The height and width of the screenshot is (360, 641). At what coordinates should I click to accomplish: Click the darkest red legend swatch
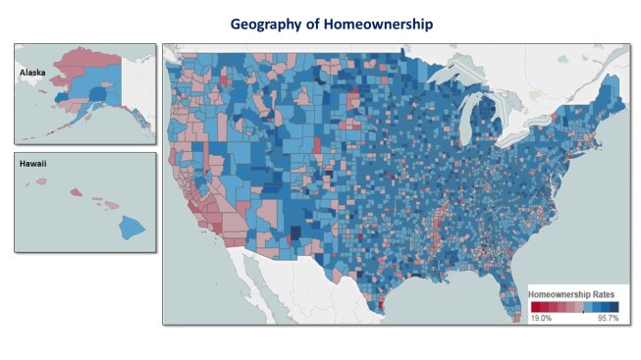(535, 306)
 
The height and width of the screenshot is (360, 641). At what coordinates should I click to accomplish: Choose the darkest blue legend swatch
(614, 306)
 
